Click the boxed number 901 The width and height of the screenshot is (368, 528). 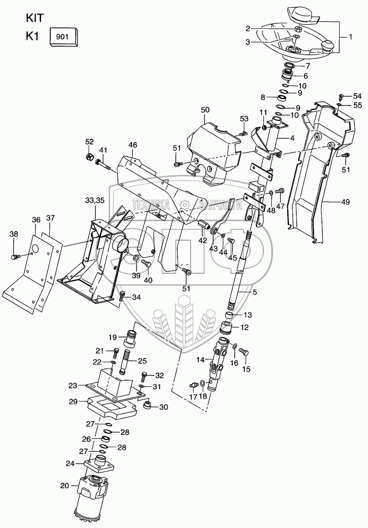[63, 36]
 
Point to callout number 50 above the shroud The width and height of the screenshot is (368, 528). [205, 110]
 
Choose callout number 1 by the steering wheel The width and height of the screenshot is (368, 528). [350, 37]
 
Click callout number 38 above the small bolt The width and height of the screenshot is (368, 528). [14, 234]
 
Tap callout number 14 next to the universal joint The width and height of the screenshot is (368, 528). [200, 360]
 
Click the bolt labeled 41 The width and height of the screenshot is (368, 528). [103, 163]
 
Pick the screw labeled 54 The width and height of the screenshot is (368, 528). [341, 97]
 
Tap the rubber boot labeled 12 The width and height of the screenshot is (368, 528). [227, 327]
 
